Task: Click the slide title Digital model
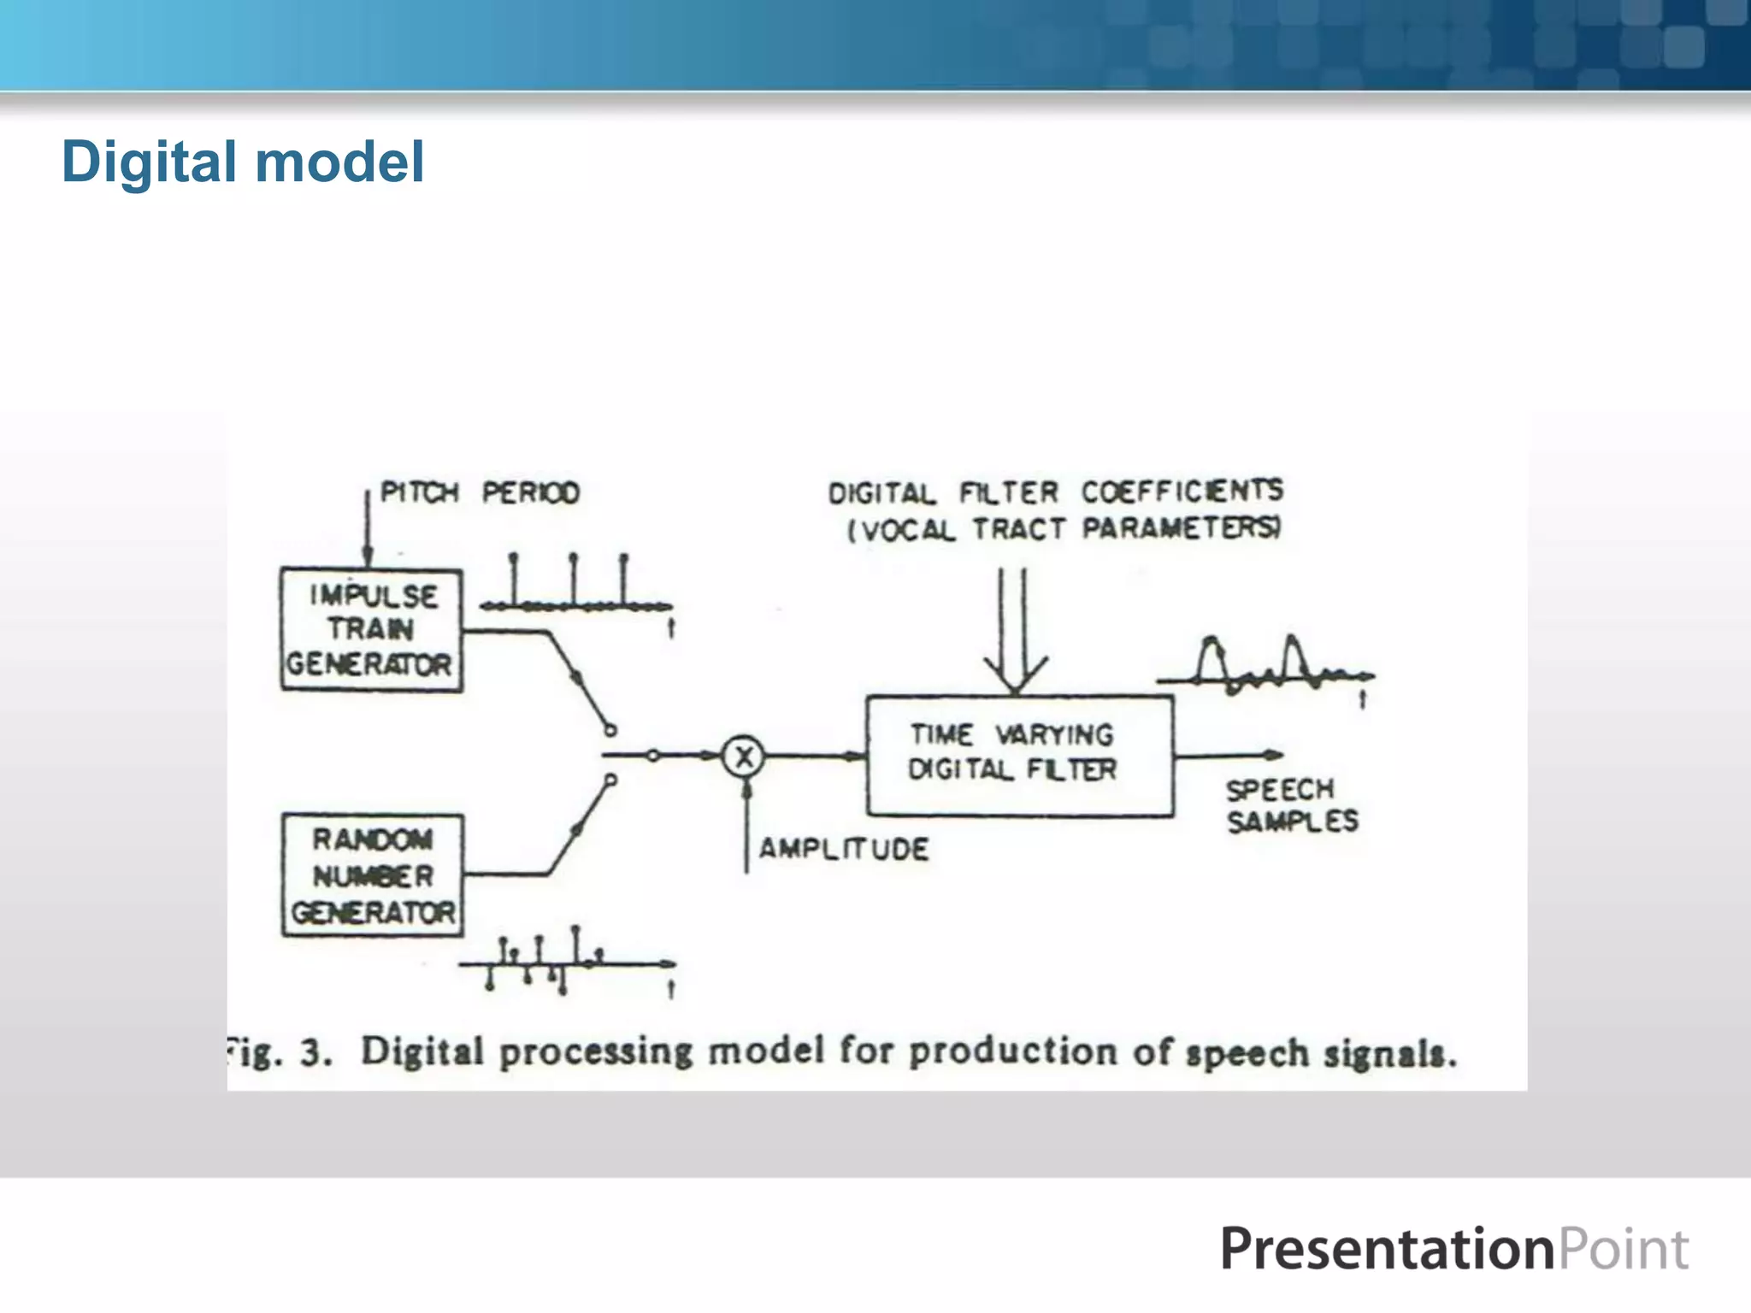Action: (x=243, y=162)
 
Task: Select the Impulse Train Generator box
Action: (x=372, y=630)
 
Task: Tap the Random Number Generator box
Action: (x=373, y=875)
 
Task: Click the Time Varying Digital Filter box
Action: (x=1019, y=756)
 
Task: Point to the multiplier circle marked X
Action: (x=743, y=756)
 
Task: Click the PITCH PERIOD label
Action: (x=480, y=492)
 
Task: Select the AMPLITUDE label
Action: (x=843, y=849)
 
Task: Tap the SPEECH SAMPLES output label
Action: (x=1291, y=805)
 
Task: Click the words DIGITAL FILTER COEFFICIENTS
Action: (x=1055, y=492)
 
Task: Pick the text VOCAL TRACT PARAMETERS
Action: (x=1064, y=529)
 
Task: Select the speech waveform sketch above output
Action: (x=1264, y=667)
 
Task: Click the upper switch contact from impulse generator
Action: (x=610, y=730)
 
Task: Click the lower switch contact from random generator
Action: (x=610, y=780)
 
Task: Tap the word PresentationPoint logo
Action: (x=1453, y=1249)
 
